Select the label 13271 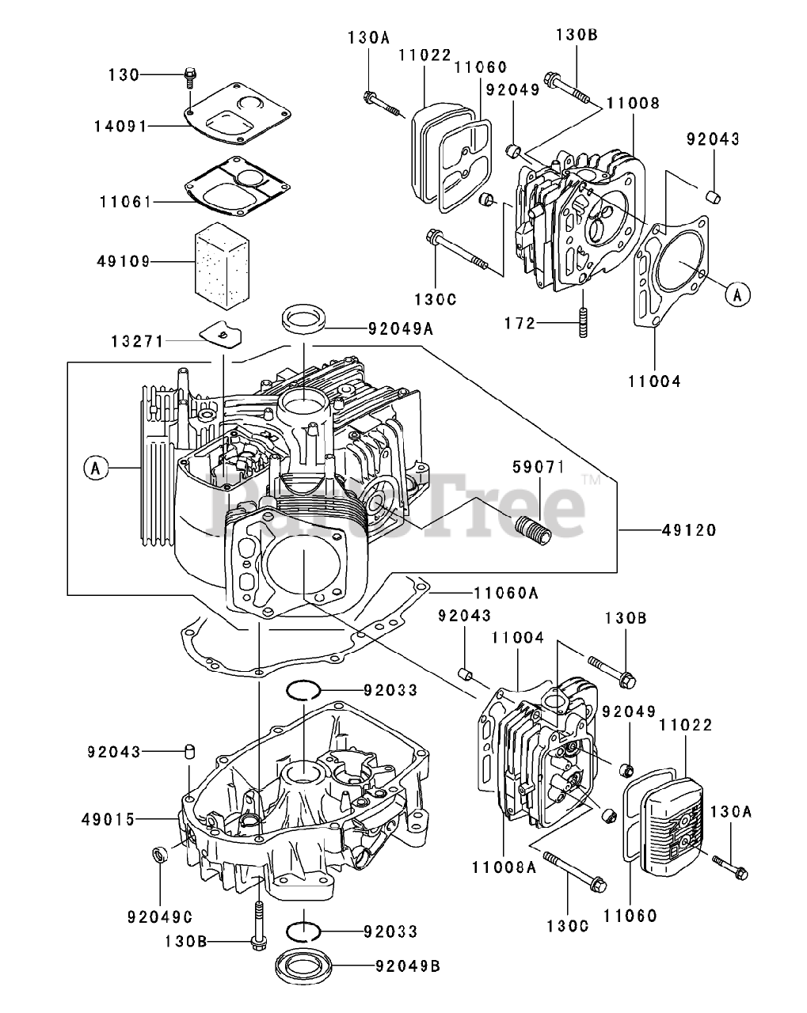point(137,342)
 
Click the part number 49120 point(689,530)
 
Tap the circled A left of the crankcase point(94,469)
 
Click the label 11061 point(123,202)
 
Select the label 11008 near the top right point(634,102)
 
